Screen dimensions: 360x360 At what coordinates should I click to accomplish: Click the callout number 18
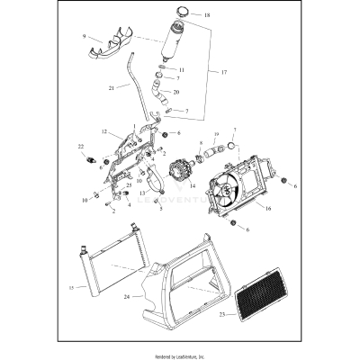click(207, 15)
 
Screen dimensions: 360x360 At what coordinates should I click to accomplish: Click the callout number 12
click(104, 132)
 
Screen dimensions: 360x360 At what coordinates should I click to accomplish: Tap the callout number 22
click(80, 146)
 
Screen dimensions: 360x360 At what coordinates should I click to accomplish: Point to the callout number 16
click(266, 207)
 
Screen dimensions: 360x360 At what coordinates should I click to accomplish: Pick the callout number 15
click(69, 287)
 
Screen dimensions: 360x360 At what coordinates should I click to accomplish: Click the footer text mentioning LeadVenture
click(180, 355)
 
